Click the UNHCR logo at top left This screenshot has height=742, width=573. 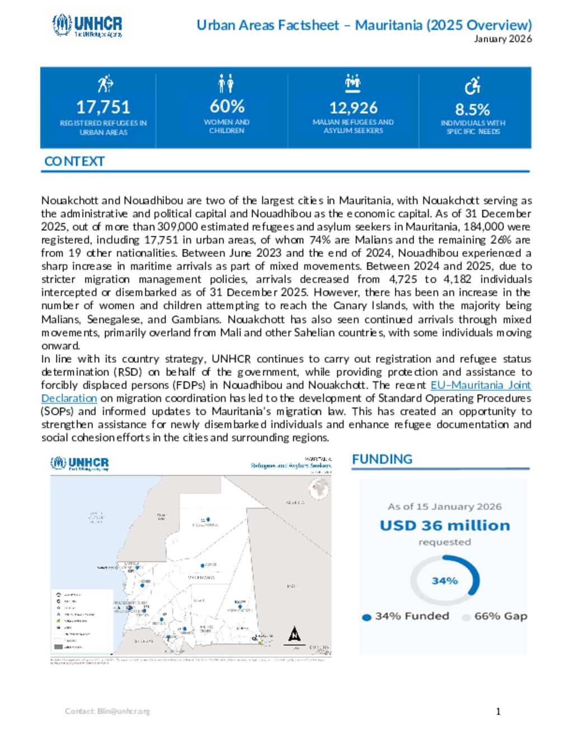(x=87, y=26)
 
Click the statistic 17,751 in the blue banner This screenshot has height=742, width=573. (x=103, y=107)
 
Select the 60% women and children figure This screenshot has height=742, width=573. (x=227, y=106)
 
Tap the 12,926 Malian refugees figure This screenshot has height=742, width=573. (x=353, y=108)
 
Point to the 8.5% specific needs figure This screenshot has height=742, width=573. (x=472, y=109)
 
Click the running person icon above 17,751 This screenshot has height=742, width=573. (x=105, y=84)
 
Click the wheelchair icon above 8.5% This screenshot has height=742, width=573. (x=472, y=86)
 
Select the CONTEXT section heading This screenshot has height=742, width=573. (x=74, y=161)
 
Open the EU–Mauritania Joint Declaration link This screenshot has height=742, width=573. (x=480, y=385)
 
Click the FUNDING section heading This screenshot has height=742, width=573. (x=382, y=459)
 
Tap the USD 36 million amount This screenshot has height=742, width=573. (x=445, y=525)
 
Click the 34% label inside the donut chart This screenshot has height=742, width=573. (x=445, y=581)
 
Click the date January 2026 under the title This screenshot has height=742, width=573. (x=502, y=39)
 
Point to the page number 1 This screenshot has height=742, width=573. (x=498, y=711)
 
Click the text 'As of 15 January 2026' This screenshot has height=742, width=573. (x=445, y=506)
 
